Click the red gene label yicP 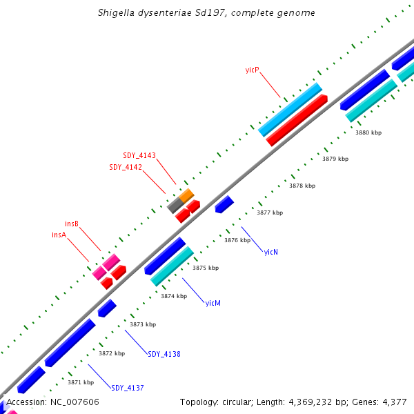point(252,70)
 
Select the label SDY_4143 point(139,155)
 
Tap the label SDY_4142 point(126,167)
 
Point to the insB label point(72,224)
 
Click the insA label point(59,235)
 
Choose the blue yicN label point(270,252)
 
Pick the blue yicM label point(213,303)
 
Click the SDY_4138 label point(164,354)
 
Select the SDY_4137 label point(128,388)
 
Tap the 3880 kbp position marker point(368,132)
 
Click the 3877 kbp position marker point(270,213)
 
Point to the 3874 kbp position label point(174,296)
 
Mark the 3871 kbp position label point(81,382)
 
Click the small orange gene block point(187,195)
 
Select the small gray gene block point(175,205)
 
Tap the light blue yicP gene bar point(290,110)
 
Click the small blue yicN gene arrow point(224,204)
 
